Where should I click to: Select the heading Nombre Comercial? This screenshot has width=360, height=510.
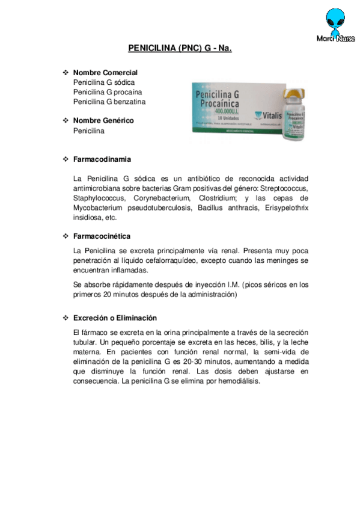pyautogui.click(x=105, y=73)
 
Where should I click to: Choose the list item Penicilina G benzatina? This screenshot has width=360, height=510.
pyautogui.click(x=109, y=102)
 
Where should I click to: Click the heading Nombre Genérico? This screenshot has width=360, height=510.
pyautogui.click(x=103, y=120)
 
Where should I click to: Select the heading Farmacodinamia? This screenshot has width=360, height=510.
pyautogui.click(x=102, y=159)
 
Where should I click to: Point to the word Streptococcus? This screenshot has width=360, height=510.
pyautogui.click(x=282, y=188)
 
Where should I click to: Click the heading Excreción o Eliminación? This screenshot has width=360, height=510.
pyautogui.click(x=115, y=318)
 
